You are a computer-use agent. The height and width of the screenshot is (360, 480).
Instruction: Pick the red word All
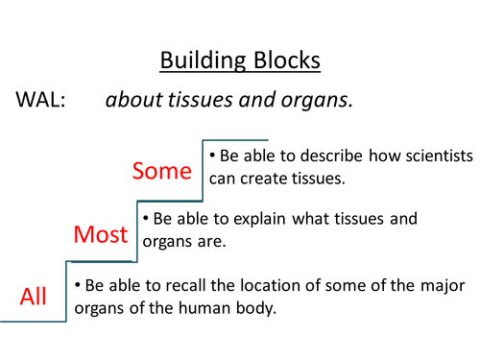click(x=34, y=296)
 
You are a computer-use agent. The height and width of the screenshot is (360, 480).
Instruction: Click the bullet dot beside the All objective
click(x=78, y=285)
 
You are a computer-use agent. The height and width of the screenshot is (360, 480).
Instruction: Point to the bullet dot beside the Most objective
click(x=145, y=219)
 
